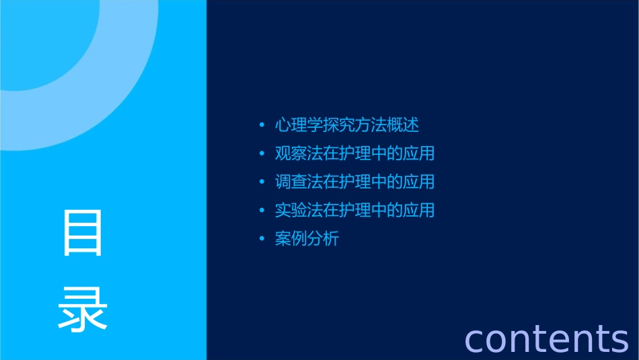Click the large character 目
tap(83, 232)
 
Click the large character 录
tap(83, 308)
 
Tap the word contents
tap(546, 338)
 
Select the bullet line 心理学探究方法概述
tap(347, 125)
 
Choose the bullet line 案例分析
tap(307, 239)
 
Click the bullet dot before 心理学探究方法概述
tap(261, 126)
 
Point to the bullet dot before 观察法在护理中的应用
tap(261, 154)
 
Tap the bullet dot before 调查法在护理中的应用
tap(261, 182)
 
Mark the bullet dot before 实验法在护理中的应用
tap(261, 211)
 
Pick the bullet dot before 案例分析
tap(261, 240)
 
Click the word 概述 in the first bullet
tap(404, 125)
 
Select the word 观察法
tap(299, 153)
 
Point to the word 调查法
tap(299, 182)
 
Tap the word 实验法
tap(299, 210)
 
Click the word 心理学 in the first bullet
tap(299, 125)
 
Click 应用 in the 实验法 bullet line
tap(419, 210)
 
